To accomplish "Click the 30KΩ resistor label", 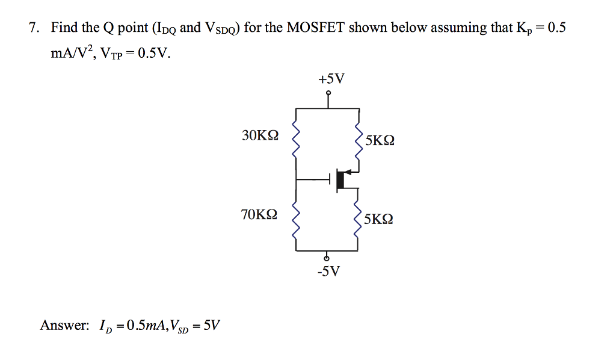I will (x=260, y=135).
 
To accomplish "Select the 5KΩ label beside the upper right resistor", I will (x=380, y=140).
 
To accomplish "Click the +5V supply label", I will (x=328, y=79).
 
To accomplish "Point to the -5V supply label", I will (x=328, y=272).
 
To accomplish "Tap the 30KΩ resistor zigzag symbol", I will (x=295, y=143).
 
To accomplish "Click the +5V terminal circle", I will (x=328, y=93).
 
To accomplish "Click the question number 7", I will (x=34, y=28).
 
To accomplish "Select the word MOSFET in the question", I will (x=316, y=28).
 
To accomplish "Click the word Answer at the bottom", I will (x=64, y=326).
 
